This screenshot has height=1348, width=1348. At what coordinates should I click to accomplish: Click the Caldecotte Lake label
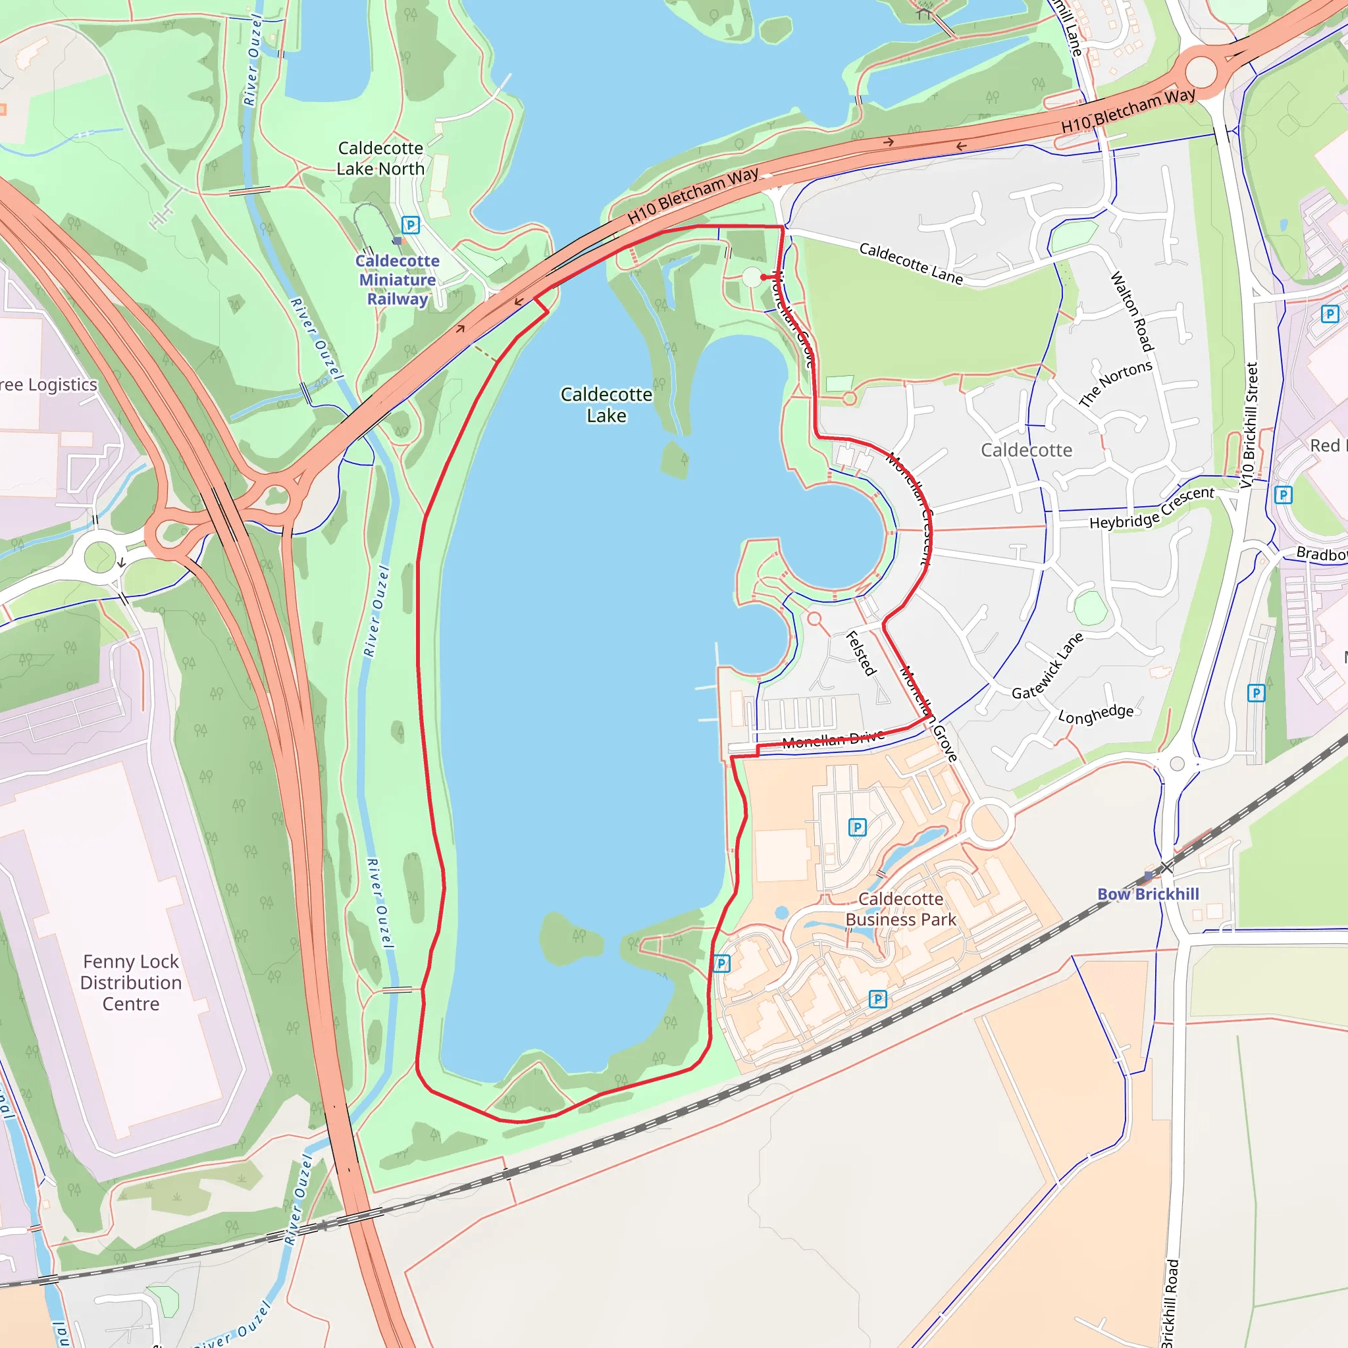coord(606,405)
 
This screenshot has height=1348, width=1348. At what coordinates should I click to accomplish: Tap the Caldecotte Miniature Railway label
coord(397,279)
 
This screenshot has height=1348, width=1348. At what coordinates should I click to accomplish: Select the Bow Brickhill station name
coord(1148,894)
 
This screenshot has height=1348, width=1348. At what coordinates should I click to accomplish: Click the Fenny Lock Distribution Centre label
coord(131,983)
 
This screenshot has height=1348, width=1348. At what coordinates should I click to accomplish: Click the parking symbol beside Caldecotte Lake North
coord(411,224)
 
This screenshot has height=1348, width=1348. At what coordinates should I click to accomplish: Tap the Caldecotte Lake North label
coord(380,159)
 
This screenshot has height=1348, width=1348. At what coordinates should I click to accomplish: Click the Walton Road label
coord(1131,311)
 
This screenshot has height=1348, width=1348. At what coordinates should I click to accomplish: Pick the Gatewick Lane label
coord(1047,666)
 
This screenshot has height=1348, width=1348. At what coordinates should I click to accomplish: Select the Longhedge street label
coord(1095,713)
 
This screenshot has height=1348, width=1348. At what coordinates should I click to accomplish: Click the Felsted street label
coord(860,653)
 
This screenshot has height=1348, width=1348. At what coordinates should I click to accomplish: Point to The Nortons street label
coord(1115,383)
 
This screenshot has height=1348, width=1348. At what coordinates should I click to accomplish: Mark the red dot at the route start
coord(764,277)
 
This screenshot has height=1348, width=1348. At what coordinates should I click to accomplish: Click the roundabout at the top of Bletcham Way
coord(1200,72)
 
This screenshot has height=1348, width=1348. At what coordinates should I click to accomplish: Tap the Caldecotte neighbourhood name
coord(1026,450)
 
